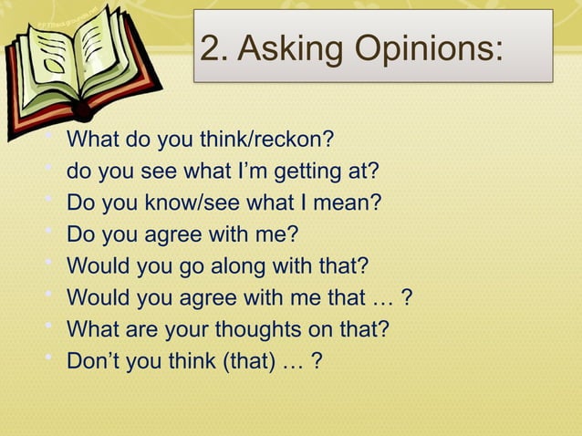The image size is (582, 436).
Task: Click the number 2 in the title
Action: [212, 48]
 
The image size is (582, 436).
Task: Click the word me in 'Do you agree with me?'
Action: [275, 234]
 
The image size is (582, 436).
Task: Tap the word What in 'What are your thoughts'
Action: [91, 328]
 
